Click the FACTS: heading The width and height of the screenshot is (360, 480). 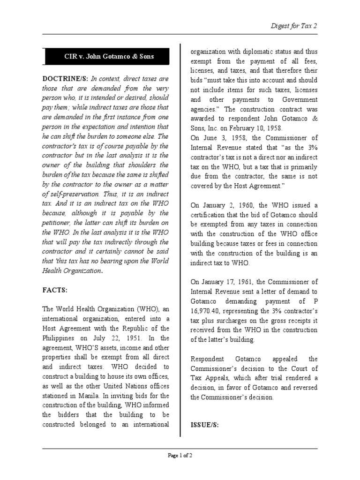tap(55, 290)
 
